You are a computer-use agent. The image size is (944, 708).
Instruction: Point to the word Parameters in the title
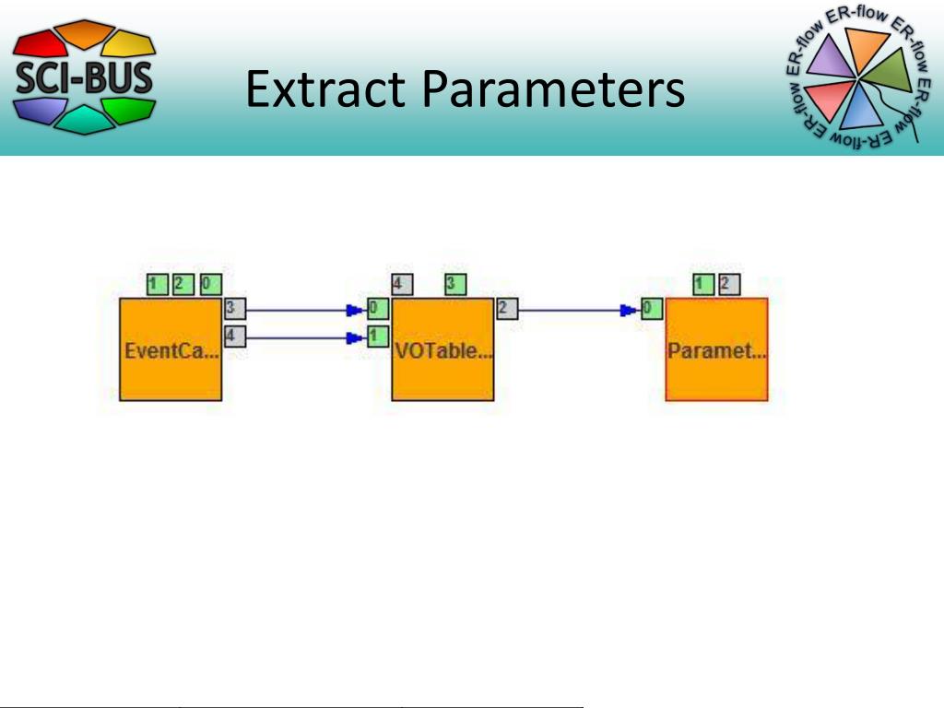pos(554,91)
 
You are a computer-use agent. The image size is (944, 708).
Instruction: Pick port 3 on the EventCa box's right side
pos(234,309)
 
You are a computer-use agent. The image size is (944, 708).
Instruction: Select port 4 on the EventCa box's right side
pos(234,336)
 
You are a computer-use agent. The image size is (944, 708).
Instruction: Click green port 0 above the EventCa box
pos(211,285)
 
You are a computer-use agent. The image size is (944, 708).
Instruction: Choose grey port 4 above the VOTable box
pos(401,285)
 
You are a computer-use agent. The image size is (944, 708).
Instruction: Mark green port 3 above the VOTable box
pos(454,285)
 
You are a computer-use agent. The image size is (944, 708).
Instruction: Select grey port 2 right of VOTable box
pos(507,309)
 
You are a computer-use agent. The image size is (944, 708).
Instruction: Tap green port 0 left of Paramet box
pos(651,309)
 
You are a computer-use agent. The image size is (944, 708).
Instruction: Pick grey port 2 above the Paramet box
pos(729,285)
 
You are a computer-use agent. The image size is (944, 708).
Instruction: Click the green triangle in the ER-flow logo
pos(889,68)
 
